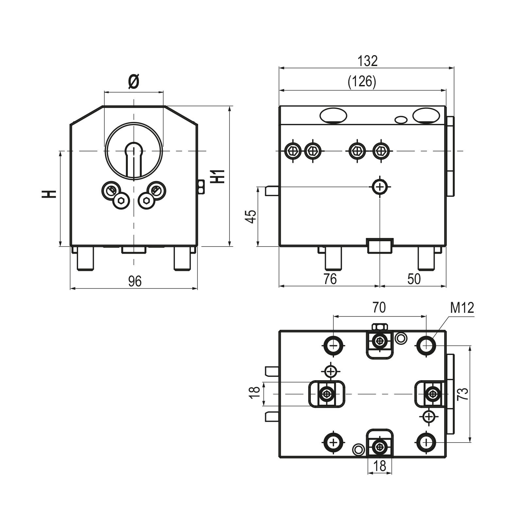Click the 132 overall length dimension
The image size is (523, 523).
(367, 61)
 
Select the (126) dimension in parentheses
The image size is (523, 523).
(362, 81)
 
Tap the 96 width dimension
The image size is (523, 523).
(134, 281)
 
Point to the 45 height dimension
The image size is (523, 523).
(251, 216)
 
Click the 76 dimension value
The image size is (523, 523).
(330, 279)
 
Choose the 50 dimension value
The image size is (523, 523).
(414, 279)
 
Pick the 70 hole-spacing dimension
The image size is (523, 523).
(379, 308)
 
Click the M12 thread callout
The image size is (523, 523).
(462, 308)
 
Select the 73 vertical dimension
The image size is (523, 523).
(463, 394)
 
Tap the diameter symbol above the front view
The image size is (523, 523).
(133, 82)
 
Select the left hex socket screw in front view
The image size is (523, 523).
(121, 201)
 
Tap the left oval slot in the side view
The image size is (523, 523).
(333, 115)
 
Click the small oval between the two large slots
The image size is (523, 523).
(401, 120)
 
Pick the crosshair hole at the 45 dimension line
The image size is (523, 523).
(380, 187)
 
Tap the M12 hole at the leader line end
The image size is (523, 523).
(426, 345)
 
